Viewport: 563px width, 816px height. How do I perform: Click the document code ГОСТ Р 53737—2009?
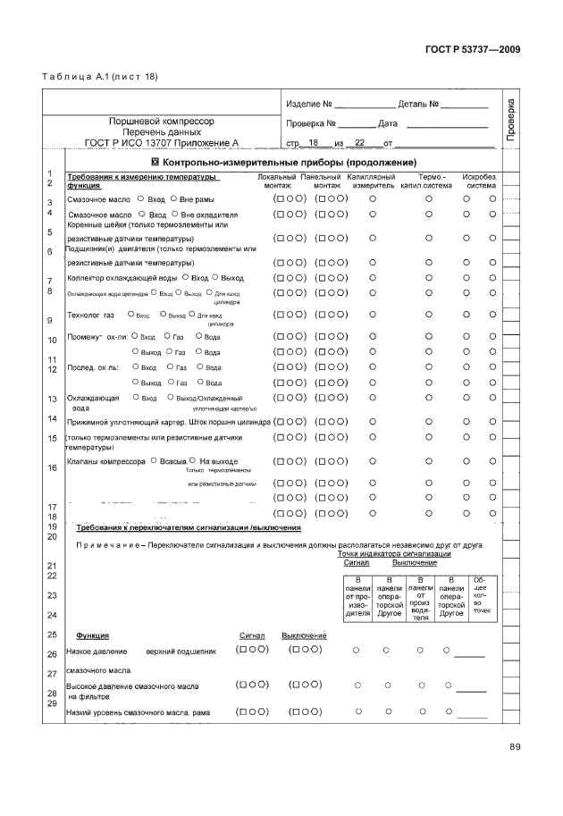point(473,50)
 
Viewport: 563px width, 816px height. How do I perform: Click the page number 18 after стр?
point(313,143)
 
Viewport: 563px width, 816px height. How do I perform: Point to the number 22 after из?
point(360,143)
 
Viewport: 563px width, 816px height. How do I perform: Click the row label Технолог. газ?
point(91,315)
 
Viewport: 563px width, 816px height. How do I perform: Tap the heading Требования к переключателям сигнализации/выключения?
point(189,527)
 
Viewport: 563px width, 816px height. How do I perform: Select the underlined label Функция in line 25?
point(93,635)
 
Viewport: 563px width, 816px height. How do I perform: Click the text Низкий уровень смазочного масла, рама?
point(139,713)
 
